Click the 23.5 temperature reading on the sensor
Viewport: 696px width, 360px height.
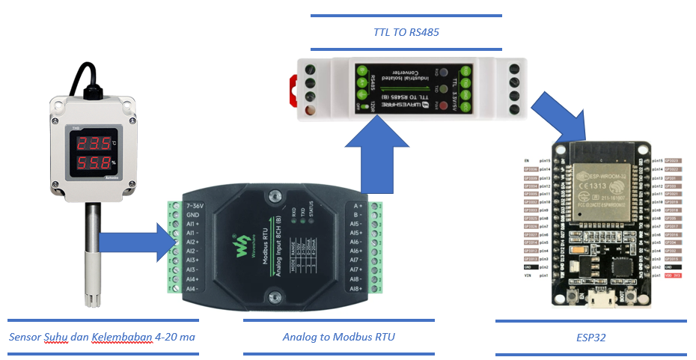(x=92, y=144)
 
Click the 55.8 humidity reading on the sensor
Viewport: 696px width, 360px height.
(x=92, y=163)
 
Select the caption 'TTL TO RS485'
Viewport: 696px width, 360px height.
(x=405, y=33)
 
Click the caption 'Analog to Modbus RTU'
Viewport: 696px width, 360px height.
(x=338, y=338)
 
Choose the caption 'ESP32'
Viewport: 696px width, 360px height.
(x=591, y=338)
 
